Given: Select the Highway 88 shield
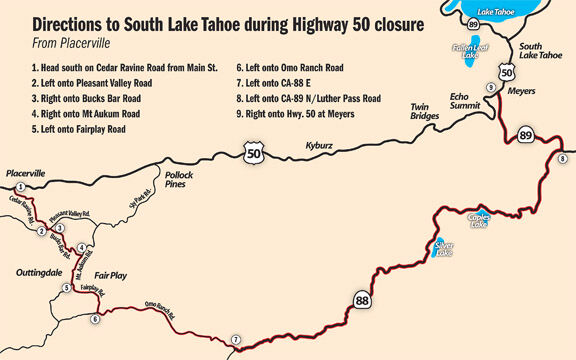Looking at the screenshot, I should pos(364,296).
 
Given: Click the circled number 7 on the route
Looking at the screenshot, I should pos(235,340).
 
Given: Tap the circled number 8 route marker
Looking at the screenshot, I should pos(562,159).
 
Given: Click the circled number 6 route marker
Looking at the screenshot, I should pos(94,319).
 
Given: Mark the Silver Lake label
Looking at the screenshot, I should pos(443,247).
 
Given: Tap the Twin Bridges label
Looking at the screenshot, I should pos(425,111).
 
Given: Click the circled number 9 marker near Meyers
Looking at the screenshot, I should pos(490,88).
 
